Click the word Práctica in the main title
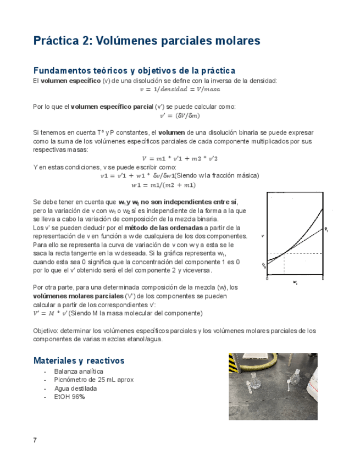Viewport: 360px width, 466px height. pyautogui.click(x=61, y=41)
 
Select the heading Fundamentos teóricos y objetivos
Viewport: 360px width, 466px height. pyautogui.click(x=134, y=71)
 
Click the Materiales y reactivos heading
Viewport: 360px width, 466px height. pyautogui.click(x=79, y=361)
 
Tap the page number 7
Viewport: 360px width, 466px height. pyautogui.click(x=35, y=440)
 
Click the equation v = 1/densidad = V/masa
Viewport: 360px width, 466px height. pyautogui.click(x=179, y=89)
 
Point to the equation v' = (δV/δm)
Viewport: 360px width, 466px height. pyautogui.click(x=179, y=115)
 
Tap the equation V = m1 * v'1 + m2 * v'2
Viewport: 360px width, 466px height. pyautogui.click(x=179, y=158)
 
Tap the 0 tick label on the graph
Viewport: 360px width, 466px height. pyautogui.click(x=268, y=279)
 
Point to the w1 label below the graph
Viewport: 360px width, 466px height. pyautogui.click(x=295, y=283)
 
